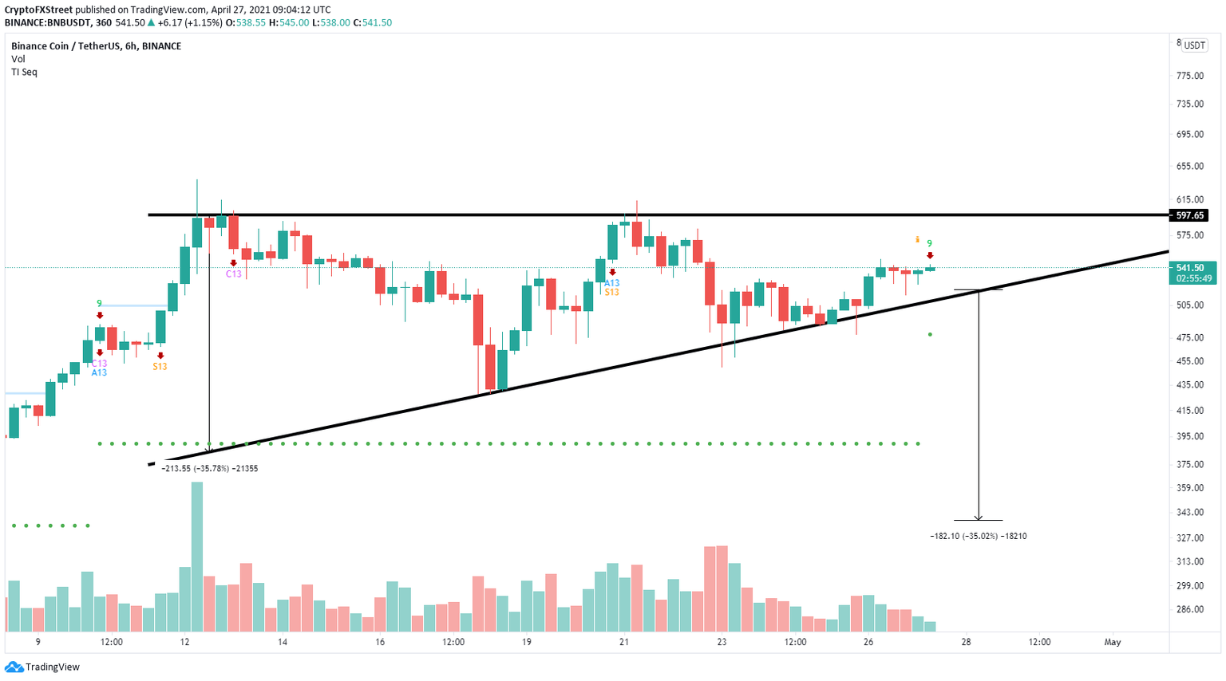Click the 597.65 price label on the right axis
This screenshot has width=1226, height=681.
[x=1188, y=215]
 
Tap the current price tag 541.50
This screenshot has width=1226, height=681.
[x=1190, y=268]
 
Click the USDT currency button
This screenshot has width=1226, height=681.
[x=1194, y=45]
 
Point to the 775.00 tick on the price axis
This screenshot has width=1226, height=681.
[x=1189, y=76]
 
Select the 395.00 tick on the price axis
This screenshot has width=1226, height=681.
[x=1189, y=436]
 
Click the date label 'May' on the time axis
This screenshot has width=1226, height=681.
[x=1112, y=642]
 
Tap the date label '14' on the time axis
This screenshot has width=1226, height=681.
[x=283, y=642]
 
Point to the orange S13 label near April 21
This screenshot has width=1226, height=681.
[x=611, y=293]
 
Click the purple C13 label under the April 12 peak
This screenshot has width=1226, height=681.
[x=233, y=274]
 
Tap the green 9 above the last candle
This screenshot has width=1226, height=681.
[x=929, y=243]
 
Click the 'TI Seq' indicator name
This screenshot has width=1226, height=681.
[x=24, y=72]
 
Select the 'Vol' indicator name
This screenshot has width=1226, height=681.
[x=18, y=59]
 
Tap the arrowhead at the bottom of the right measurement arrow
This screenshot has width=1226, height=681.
[x=979, y=518]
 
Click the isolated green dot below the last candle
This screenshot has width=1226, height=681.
[x=930, y=334]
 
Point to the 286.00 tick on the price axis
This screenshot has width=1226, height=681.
[x=1189, y=609]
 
